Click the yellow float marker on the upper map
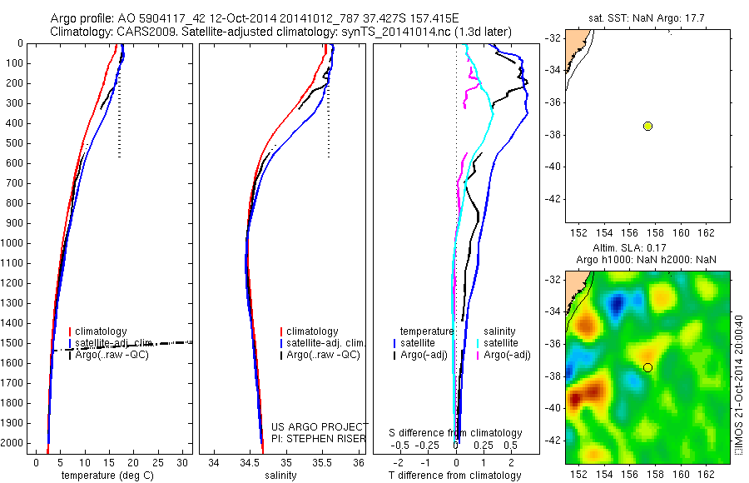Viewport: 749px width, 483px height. point(647,126)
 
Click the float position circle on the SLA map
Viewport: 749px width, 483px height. point(647,367)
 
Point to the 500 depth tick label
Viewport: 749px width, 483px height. point(18,143)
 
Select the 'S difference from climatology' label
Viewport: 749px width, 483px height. point(456,433)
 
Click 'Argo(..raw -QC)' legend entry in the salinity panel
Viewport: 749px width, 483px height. point(322,356)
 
